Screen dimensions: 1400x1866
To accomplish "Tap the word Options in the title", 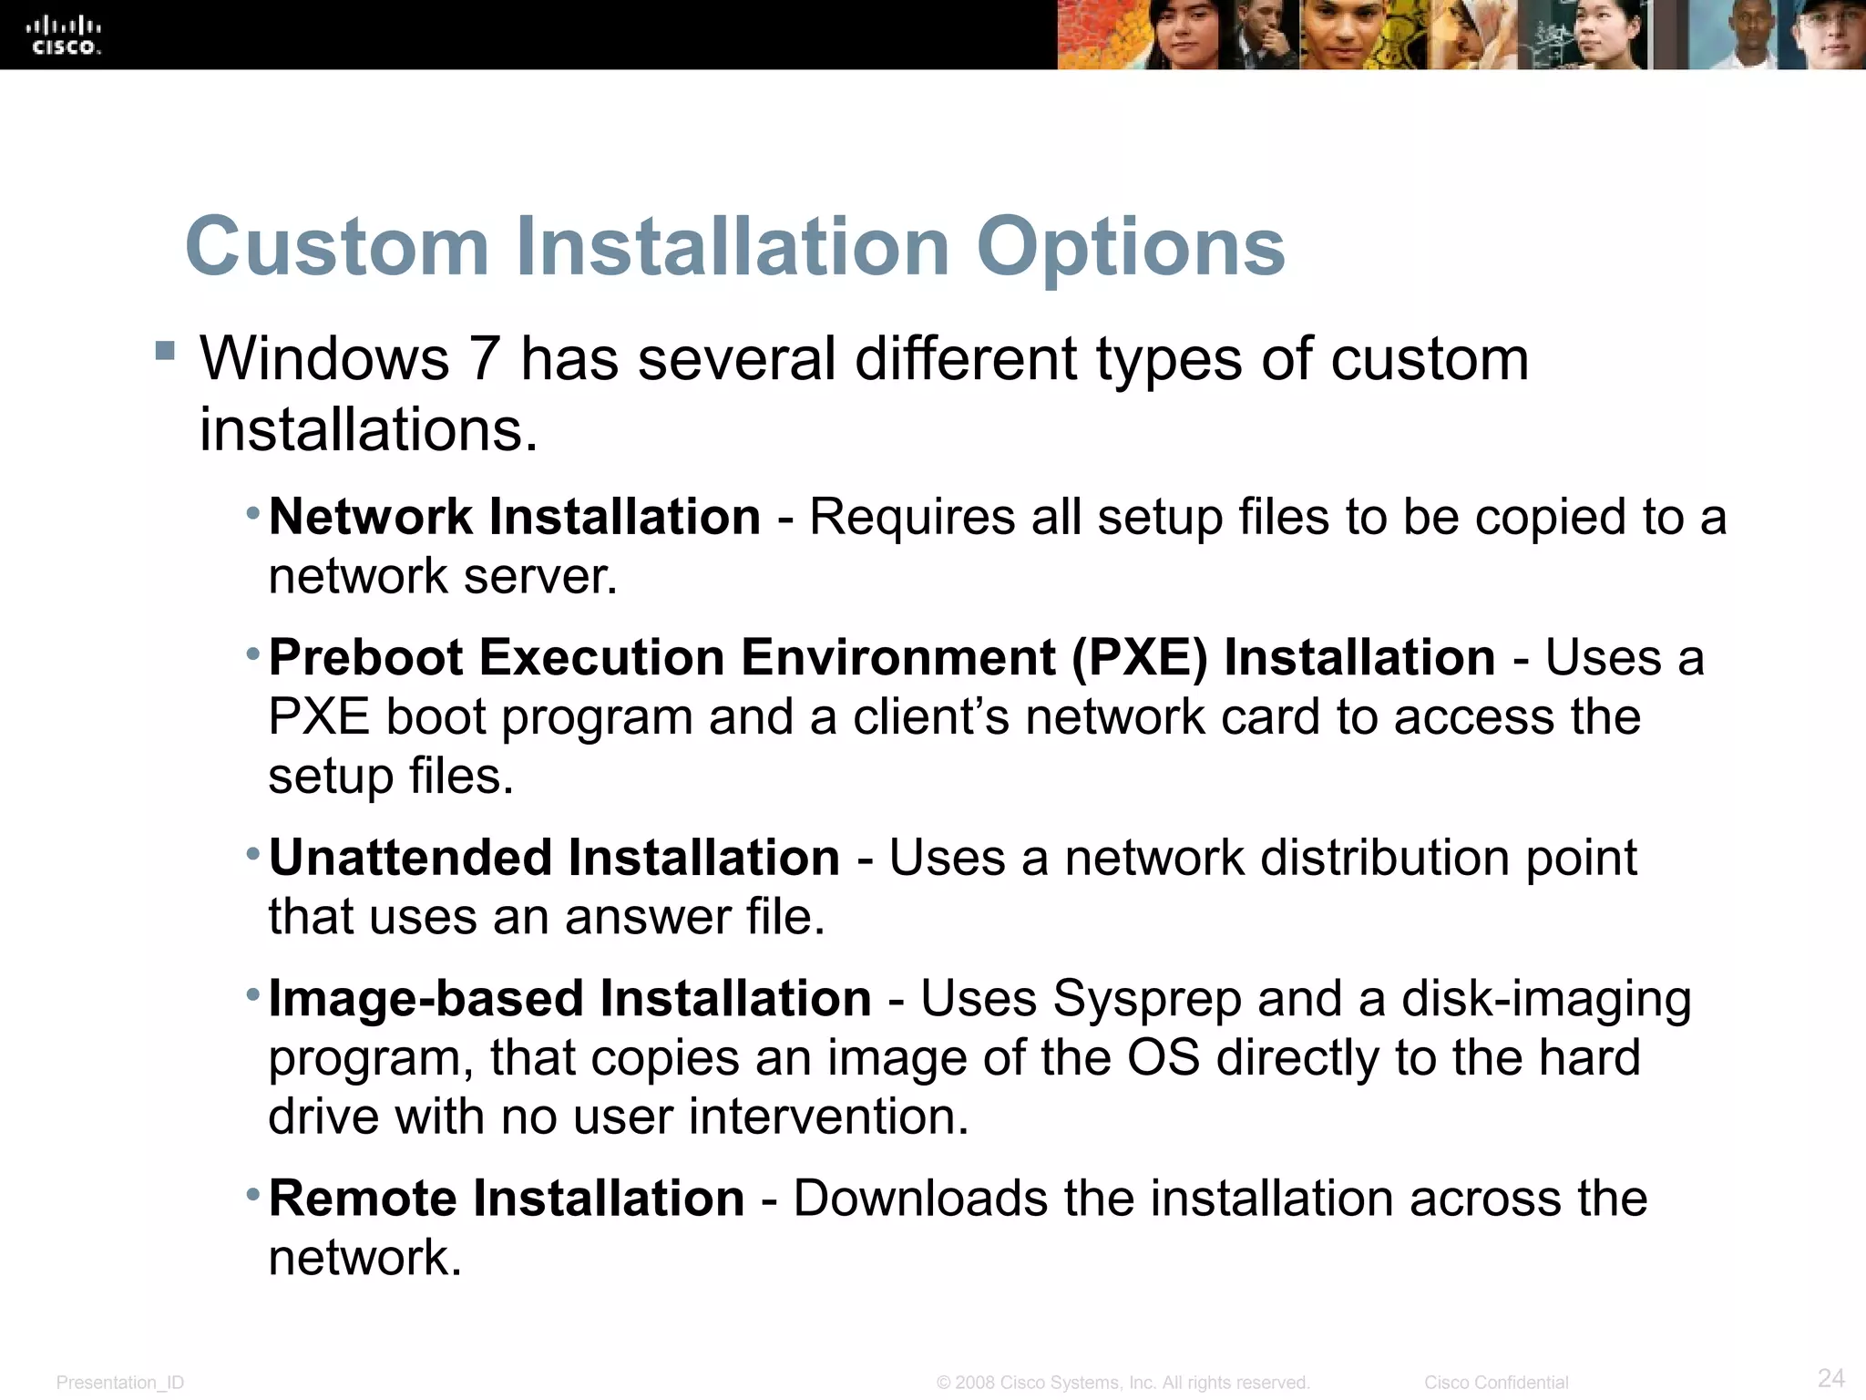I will [1130, 248].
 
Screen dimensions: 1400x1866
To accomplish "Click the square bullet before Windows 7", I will [165, 351].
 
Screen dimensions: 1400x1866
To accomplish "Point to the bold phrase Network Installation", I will [515, 517].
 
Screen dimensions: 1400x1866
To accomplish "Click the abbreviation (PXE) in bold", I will [1139, 658].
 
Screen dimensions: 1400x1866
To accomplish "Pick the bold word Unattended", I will [410, 858].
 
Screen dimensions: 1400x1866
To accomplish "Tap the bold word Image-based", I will [424, 999].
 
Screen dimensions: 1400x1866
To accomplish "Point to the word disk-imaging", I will [1546, 1000].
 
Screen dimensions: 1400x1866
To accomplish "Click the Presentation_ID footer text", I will [120, 1383].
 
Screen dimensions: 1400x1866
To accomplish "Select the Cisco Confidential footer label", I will [1496, 1383].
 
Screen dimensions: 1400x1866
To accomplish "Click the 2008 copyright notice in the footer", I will [1123, 1383].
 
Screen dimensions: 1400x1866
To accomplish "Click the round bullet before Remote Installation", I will [253, 1193].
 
